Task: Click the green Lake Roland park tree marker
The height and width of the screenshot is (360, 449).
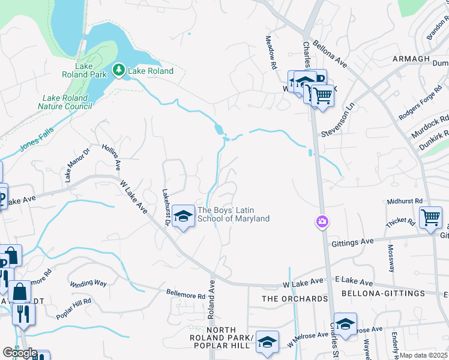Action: point(119,71)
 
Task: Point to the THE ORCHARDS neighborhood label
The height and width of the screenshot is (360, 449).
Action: point(295,299)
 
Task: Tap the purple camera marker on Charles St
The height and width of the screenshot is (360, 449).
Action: point(322,223)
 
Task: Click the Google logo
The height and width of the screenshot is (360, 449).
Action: point(20,353)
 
